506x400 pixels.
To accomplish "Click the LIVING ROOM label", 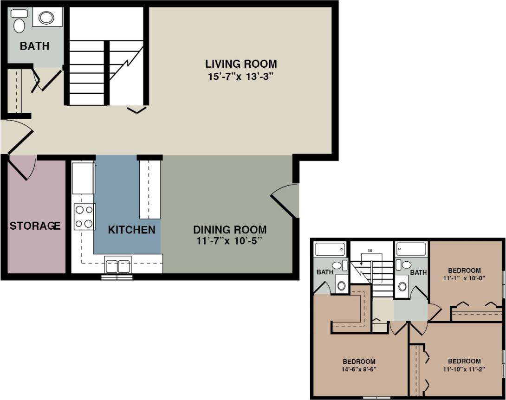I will (241, 64).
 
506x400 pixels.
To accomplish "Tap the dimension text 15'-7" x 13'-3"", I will (241, 76).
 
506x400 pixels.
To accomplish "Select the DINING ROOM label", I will (230, 229).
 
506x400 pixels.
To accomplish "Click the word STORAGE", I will (35, 226).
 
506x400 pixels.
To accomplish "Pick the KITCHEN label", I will (131, 230).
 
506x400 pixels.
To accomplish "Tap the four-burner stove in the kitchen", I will (84, 217).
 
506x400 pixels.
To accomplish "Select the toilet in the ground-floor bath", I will (19, 24).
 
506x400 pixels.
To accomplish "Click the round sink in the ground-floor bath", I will (46, 18).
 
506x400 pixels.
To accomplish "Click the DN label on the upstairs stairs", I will (370, 251).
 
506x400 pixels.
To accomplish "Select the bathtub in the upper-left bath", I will (330, 249).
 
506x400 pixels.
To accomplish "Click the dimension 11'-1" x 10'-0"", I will (465, 279).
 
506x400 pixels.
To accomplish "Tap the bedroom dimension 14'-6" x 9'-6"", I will (359, 370).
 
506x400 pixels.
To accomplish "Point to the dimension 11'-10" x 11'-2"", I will (464, 369).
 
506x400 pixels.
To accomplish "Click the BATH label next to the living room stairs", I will (34, 46).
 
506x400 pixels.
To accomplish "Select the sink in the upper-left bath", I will (342, 285).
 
